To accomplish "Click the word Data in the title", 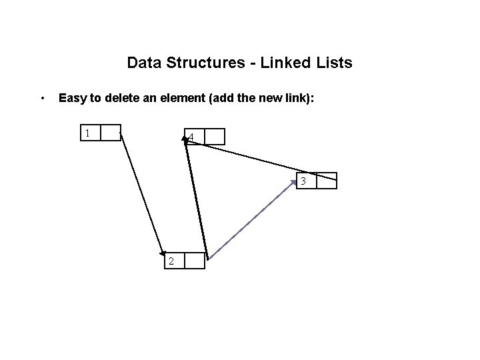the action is click(x=141, y=63).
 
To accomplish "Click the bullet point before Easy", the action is click(x=43, y=99).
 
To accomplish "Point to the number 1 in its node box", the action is click(x=87, y=133).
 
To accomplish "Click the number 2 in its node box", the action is click(x=171, y=261).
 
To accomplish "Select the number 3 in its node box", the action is click(x=303, y=181).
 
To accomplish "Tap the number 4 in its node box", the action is click(x=192, y=138).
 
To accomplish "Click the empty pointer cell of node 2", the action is click(x=195, y=261).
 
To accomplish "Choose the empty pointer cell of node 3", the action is click(x=327, y=181).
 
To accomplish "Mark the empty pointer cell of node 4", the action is click(x=215, y=137).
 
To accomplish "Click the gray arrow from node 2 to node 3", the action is click(x=253, y=217).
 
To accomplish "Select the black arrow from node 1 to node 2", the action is click(x=142, y=194).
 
